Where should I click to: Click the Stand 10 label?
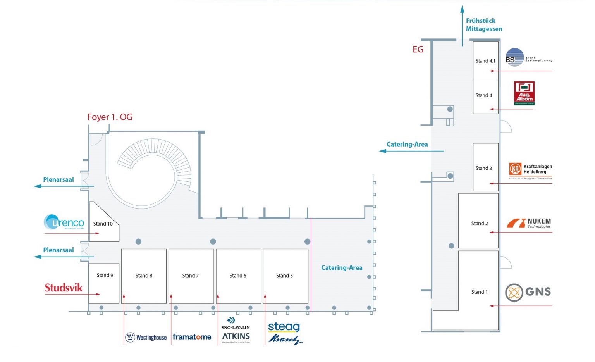(103, 224)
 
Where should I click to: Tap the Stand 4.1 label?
(485, 61)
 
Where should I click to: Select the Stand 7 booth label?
(190, 276)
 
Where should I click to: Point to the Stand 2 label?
(479, 223)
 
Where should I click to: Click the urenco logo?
(64, 222)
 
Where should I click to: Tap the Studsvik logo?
(64, 288)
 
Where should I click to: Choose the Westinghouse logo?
(146, 337)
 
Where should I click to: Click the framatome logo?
(192, 337)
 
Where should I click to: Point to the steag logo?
(284, 327)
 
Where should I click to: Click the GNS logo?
(528, 292)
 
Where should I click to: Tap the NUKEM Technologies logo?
(529, 223)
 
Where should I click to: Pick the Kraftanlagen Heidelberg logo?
(530, 169)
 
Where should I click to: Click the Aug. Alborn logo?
(524, 93)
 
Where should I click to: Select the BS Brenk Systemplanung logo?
(528, 58)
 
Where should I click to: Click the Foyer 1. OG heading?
(110, 117)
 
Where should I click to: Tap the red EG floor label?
(418, 50)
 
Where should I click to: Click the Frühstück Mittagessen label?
(484, 25)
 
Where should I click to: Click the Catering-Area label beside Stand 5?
(342, 267)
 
